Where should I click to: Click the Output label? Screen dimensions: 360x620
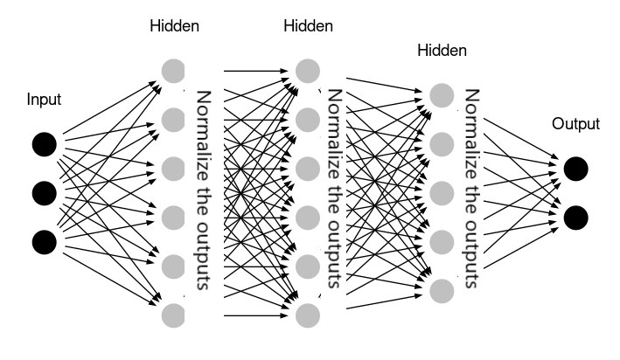[575, 124]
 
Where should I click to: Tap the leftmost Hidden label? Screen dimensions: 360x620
[175, 25]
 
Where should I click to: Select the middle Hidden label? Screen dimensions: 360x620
[308, 25]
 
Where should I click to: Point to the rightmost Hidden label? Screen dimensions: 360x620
[442, 51]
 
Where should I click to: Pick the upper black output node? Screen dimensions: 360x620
[575, 168]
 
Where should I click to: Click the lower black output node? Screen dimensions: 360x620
[575, 216]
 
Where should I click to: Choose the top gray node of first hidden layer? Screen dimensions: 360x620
[174, 69]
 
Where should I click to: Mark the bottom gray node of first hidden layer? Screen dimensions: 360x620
[174, 313]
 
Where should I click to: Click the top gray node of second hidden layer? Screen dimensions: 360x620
[307, 69]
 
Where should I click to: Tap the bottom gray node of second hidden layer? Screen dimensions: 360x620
[307, 313]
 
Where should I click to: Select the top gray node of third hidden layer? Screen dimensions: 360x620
[442, 94]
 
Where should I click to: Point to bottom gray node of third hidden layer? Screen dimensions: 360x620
[442, 288]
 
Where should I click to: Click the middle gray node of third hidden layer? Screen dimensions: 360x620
[442, 191]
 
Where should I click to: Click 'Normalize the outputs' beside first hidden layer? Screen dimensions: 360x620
[203, 190]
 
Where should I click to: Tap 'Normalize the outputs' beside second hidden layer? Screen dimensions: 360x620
[334, 190]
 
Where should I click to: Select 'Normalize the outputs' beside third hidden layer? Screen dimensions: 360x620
[473, 190]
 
